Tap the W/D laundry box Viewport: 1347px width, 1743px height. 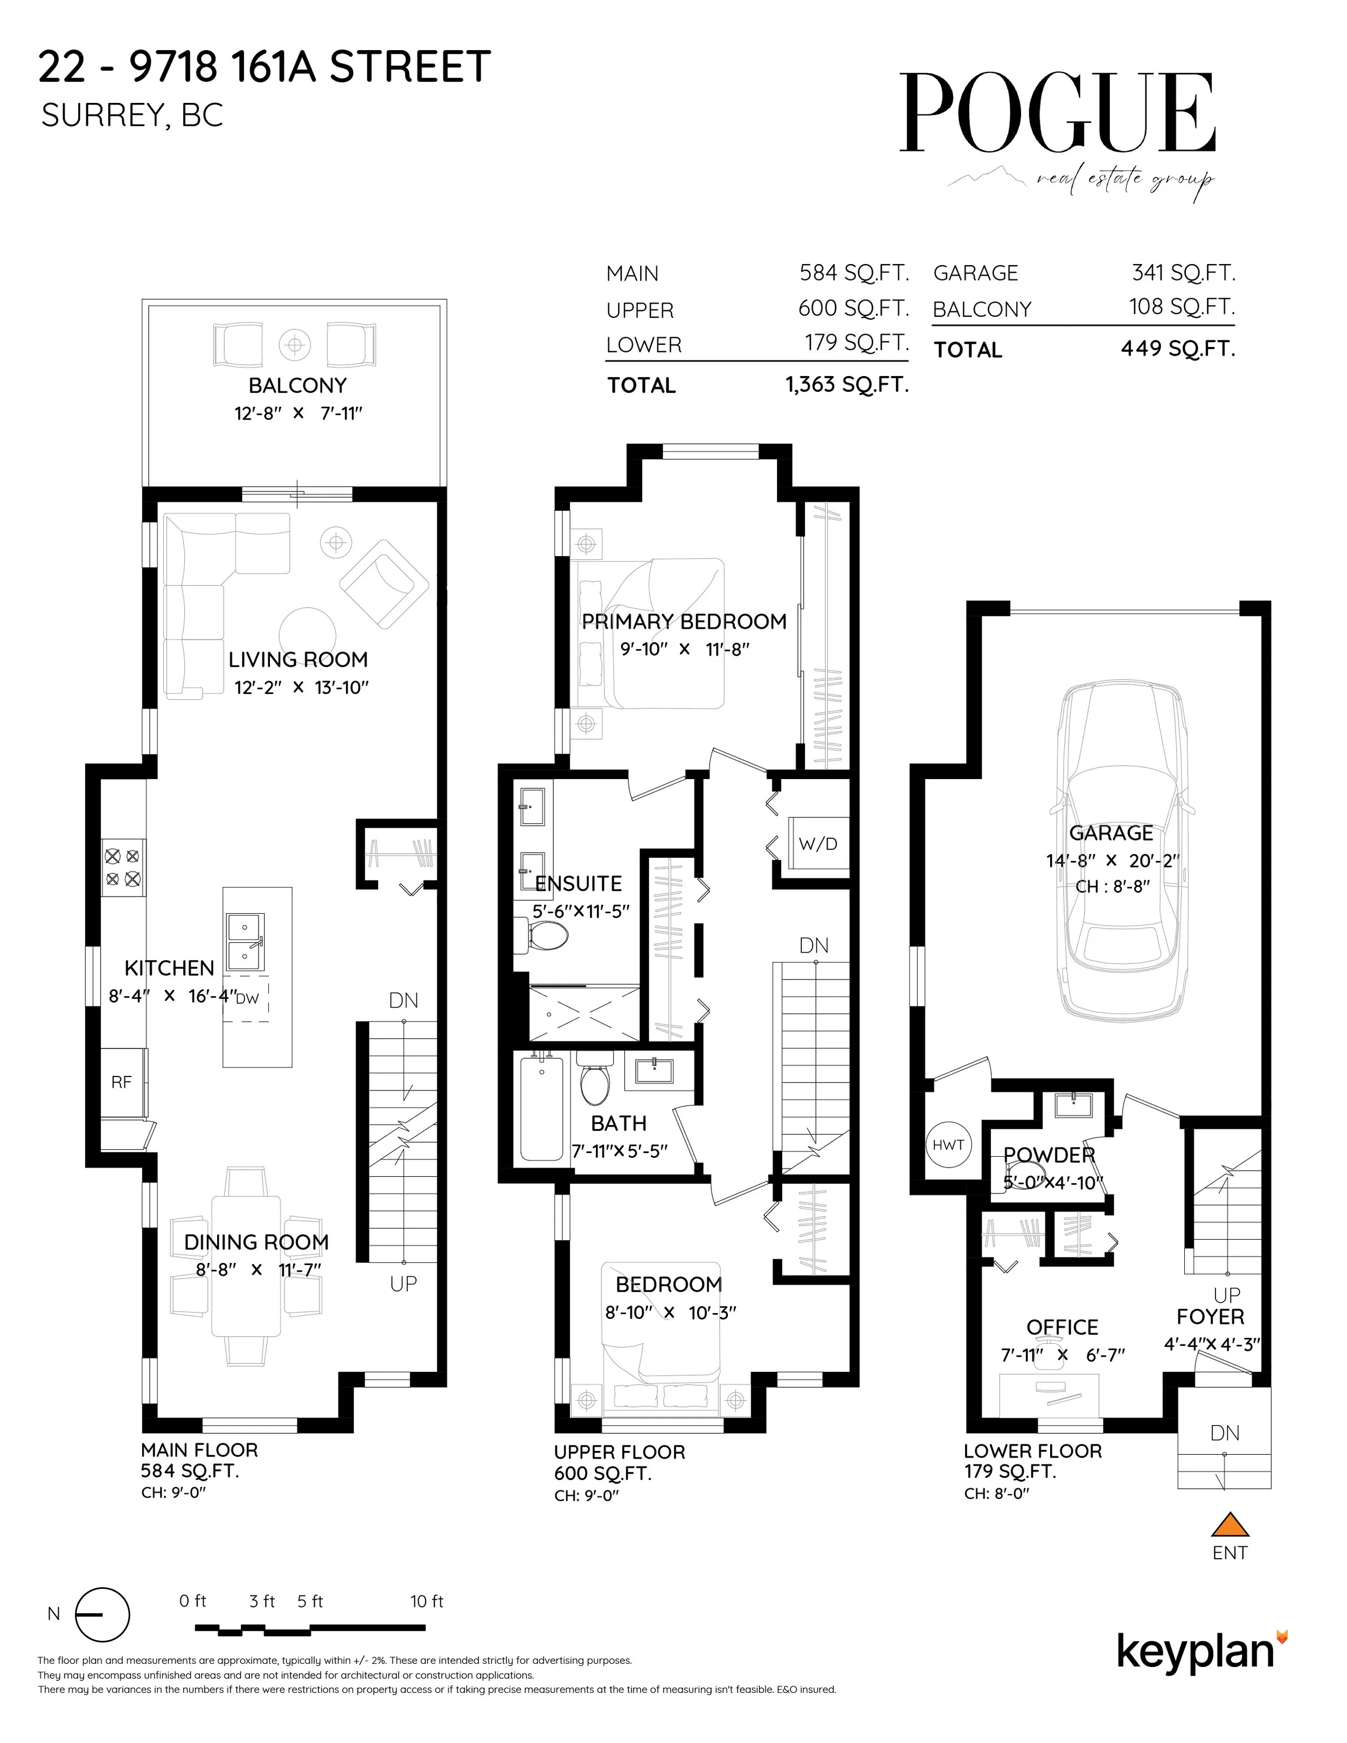pos(818,844)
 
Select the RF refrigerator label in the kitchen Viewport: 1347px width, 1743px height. pos(121,1082)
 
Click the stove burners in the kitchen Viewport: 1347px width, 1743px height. pos(123,867)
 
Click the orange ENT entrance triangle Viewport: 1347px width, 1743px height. pos(1229,1524)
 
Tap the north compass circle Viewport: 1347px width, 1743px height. pos(102,1615)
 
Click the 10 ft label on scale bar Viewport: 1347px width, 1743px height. pos(426,1601)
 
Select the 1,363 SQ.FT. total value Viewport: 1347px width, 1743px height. pos(846,385)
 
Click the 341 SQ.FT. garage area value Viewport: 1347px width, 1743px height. pos(1183,273)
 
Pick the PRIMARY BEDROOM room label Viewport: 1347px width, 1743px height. pos(684,622)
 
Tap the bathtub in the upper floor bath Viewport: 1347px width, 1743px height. pos(542,1108)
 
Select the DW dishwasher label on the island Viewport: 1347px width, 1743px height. pos(247,998)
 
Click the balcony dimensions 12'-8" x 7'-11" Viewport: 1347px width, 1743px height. pos(297,413)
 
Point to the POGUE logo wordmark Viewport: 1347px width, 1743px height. pos(1057,113)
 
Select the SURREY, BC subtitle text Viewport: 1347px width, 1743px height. pos(131,116)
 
